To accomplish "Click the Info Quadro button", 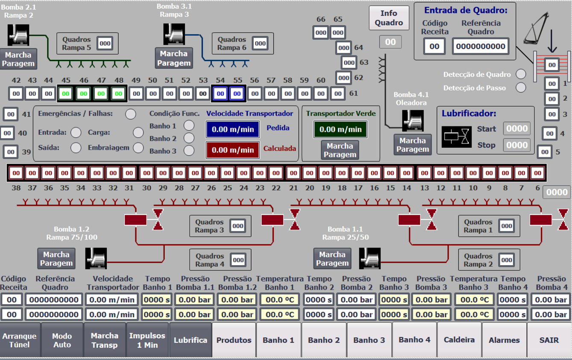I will pyautogui.click(x=389, y=18).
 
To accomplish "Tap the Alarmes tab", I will pyautogui.click(x=504, y=340).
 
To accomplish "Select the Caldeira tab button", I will pyautogui.click(x=459, y=340).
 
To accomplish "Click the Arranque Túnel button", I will pyautogui.click(x=20, y=340).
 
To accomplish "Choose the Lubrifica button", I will pyautogui.click(x=191, y=340).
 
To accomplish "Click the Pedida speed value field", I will pyautogui.click(x=233, y=129).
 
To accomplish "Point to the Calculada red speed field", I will pyautogui.click(x=233, y=150).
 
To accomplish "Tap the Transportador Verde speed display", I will pyautogui.click(x=340, y=129).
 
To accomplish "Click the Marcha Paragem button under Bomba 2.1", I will pyautogui.click(x=18, y=59).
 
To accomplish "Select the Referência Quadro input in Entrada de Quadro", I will pyautogui.click(x=481, y=47).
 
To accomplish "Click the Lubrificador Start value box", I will pyautogui.click(x=517, y=129).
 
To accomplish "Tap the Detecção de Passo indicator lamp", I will pyautogui.click(x=521, y=88).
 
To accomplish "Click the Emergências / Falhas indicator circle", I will pyautogui.click(x=130, y=114).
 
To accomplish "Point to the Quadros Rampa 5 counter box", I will pyautogui.click(x=105, y=43).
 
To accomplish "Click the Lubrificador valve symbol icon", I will pyautogui.click(x=456, y=137).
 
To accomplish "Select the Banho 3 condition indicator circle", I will pyautogui.click(x=188, y=150).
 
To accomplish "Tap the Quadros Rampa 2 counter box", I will pyautogui.click(x=506, y=260).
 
